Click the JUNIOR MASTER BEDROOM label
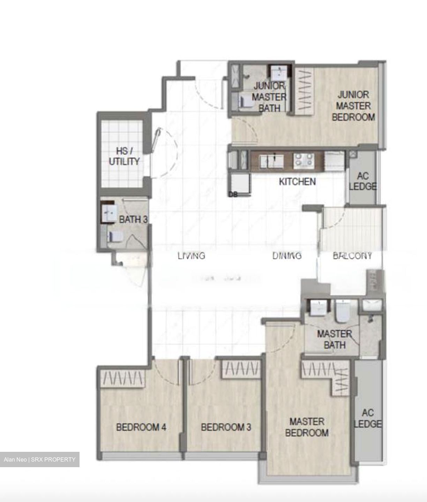pyautogui.click(x=353, y=106)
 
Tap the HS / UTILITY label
pyautogui.click(x=124, y=156)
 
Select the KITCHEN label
pyautogui.click(x=297, y=182)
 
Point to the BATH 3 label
pyautogui.click(x=133, y=220)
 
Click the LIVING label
pyautogui.click(x=191, y=256)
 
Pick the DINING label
pyautogui.click(x=287, y=256)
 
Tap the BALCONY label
pyautogui.click(x=352, y=256)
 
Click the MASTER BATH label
pyautogui.click(x=334, y=340)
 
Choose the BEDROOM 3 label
pyautogui.click(x=226, y=427)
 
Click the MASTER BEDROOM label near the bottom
pyautogui.click(x=307, y=427)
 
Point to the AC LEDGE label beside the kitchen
pyautogui.click(x=363, y=181)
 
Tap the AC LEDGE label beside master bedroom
pyautogui.click(x=368, y=418)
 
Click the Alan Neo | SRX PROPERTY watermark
pyautogui.click(x=39, y=459)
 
